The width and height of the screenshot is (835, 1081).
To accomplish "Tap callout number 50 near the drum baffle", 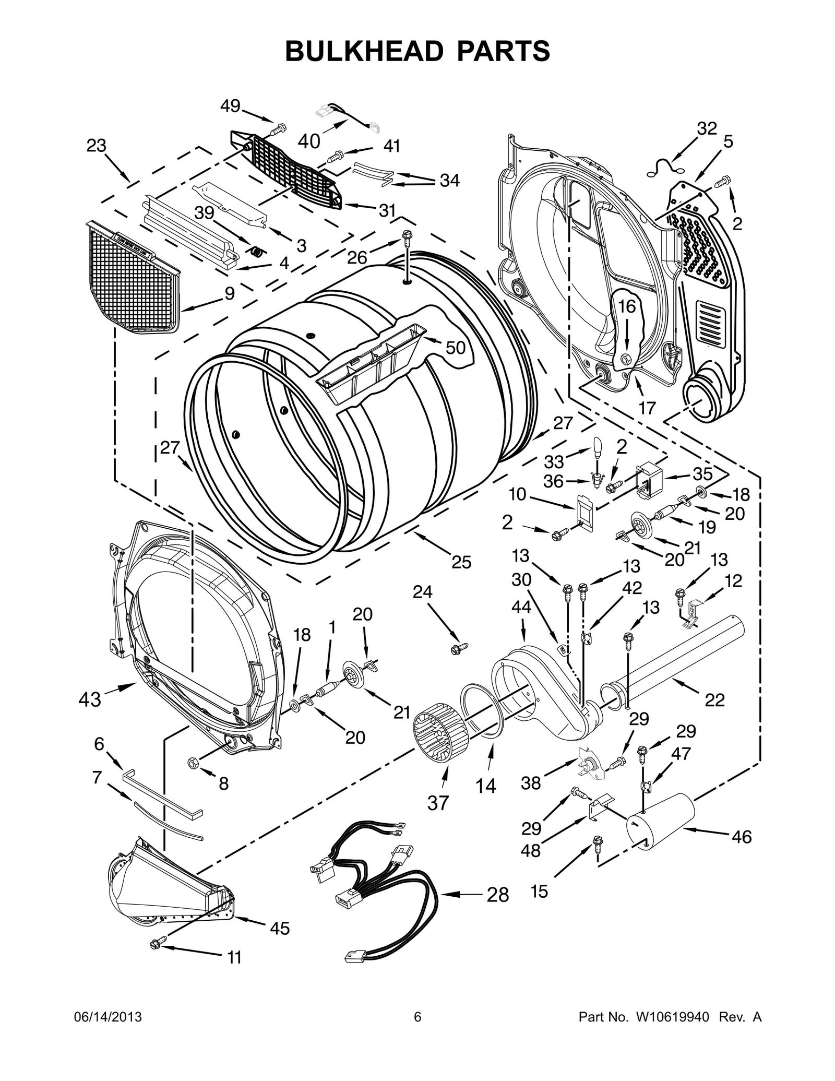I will coord(455,347).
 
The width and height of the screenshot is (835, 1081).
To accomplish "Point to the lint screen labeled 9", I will coord(133,279).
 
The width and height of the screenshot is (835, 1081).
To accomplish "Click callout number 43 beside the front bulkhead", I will coord(89,698).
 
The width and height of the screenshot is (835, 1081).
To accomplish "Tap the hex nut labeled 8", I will coord(192,762).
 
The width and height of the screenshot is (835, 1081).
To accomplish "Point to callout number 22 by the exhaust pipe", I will coord(714,700).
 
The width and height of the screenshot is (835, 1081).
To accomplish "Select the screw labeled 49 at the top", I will coord(281,127).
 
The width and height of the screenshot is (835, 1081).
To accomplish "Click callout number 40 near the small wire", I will coord(308,141).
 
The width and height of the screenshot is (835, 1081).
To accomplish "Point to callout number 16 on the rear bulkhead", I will coord(627,306).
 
